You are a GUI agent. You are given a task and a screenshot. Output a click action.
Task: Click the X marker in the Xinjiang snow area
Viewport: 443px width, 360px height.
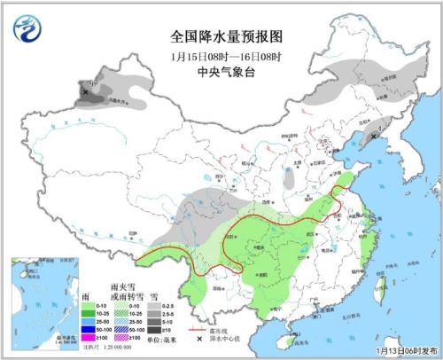(x=85, y=91)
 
